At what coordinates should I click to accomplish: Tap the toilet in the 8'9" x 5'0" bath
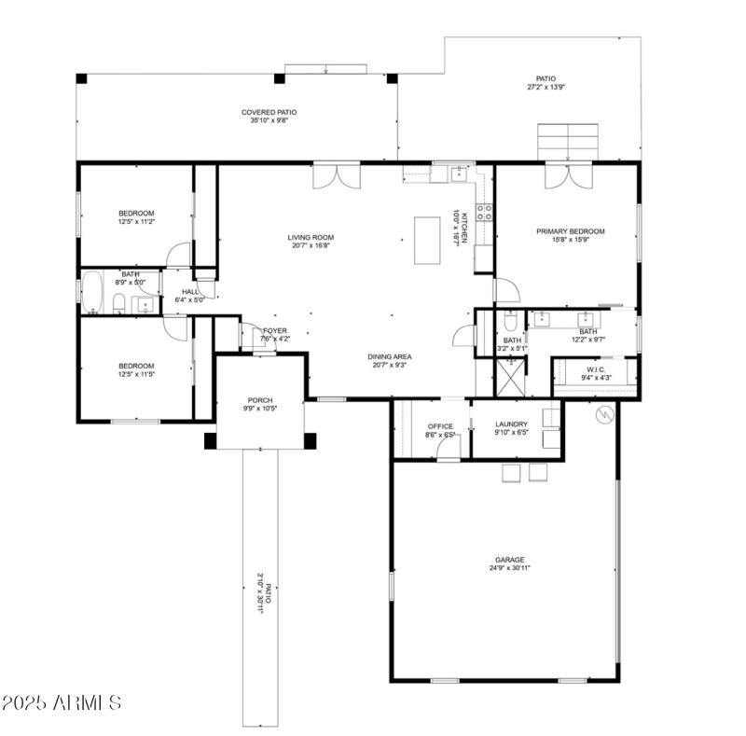point(119,302)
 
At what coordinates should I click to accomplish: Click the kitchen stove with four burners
point(484,213)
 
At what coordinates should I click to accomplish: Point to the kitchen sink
point(459,173)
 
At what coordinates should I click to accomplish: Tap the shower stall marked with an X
point(508,377)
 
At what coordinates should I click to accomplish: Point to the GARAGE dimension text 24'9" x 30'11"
point(508,568)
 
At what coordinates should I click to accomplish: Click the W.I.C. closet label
point(597,369)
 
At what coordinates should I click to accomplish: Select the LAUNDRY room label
point(511,424)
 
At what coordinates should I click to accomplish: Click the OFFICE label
point(439,426)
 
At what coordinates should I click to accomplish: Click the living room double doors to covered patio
point(335,175)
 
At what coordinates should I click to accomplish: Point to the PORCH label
point(259,400)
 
